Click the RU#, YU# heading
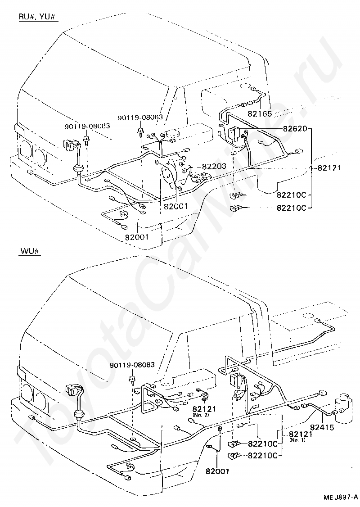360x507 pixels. pyautogui.click(x=38, y=17)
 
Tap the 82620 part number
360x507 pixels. pyautogui.click(x=294, y=129)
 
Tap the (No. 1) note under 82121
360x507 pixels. pyautogui.click(x=297, y=440)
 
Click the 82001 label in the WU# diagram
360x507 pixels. pyautogui.click(x=217, y=471)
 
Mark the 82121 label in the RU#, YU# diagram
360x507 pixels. pyautogui.click(x=329, y=168)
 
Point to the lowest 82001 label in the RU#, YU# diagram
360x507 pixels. pyautogui.click(x=136, y=237)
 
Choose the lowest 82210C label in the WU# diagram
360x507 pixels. pyautogui.click(x=263, y=455)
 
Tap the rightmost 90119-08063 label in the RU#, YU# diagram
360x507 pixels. pyautogui.click(x=140, y=117)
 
